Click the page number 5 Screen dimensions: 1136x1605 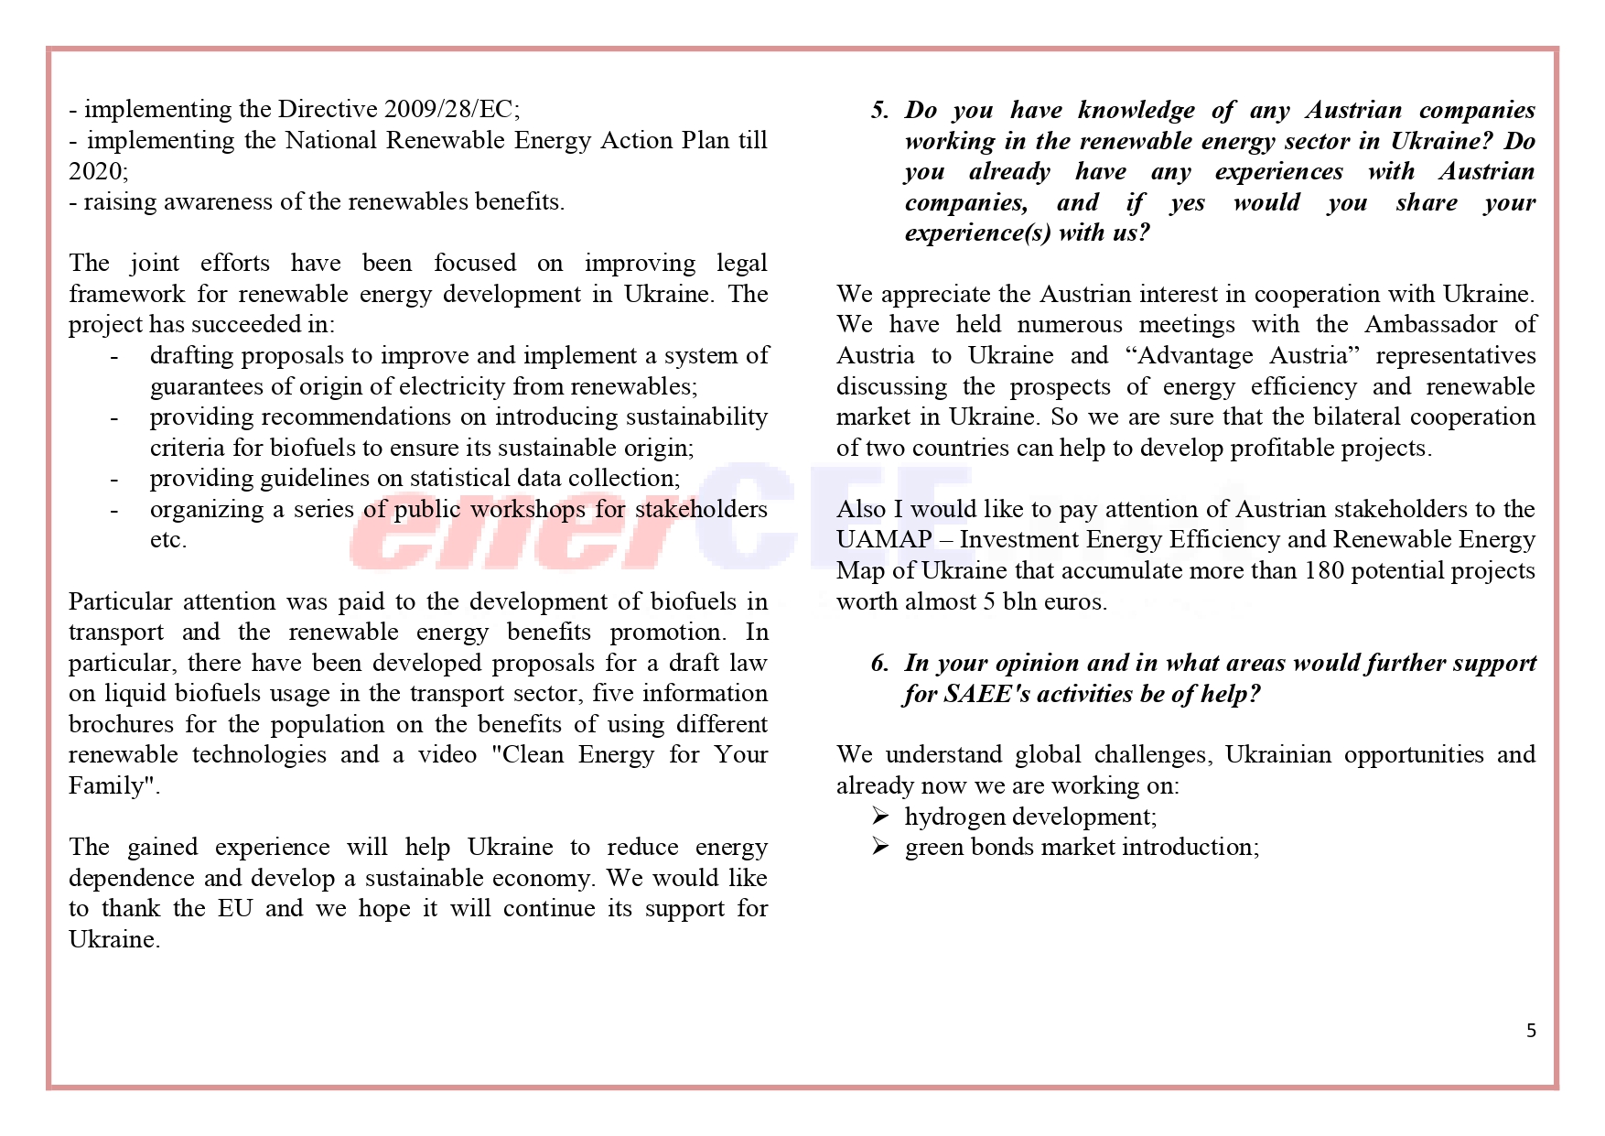coord(1531,1031)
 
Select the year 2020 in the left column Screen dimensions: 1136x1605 coord(96,171)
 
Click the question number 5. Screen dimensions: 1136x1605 coord(879,110)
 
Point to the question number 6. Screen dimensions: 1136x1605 coord(879,663)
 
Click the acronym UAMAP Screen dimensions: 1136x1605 coord(884,539)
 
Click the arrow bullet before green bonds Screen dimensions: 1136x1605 coord(880,847)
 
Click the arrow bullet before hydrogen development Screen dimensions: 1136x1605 coord(880,816)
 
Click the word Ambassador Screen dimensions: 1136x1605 coord(1430,324)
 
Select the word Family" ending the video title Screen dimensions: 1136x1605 coord(113,785)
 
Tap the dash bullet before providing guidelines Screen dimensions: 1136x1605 coord(114,478)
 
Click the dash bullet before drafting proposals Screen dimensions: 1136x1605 coord(114,355)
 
